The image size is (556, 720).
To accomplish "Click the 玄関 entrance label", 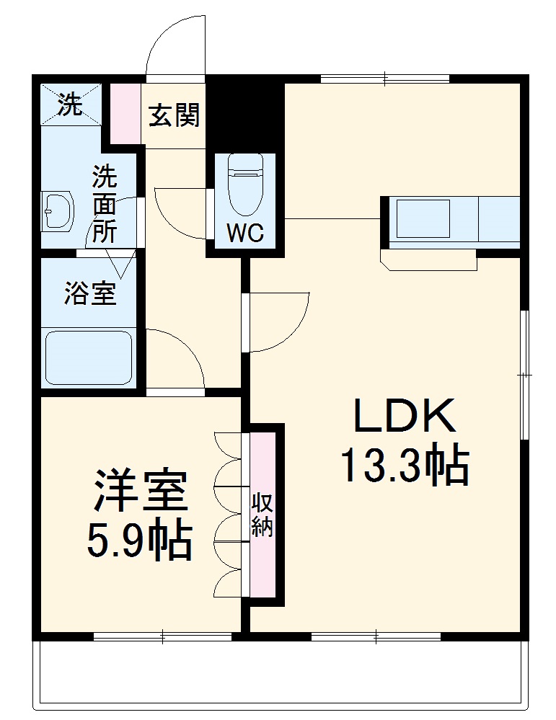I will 174,115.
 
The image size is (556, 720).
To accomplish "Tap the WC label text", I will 245,233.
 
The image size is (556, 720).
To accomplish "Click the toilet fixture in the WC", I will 245,184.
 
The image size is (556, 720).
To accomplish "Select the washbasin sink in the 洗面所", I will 57,211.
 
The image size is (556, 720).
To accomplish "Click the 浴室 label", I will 90,293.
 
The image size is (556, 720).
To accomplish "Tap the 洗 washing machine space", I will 71,105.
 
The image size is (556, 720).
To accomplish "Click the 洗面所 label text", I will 105,204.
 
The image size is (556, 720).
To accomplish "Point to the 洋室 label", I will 141,492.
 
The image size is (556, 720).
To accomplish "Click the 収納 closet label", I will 262,515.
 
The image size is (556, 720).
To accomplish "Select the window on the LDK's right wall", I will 526,375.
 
